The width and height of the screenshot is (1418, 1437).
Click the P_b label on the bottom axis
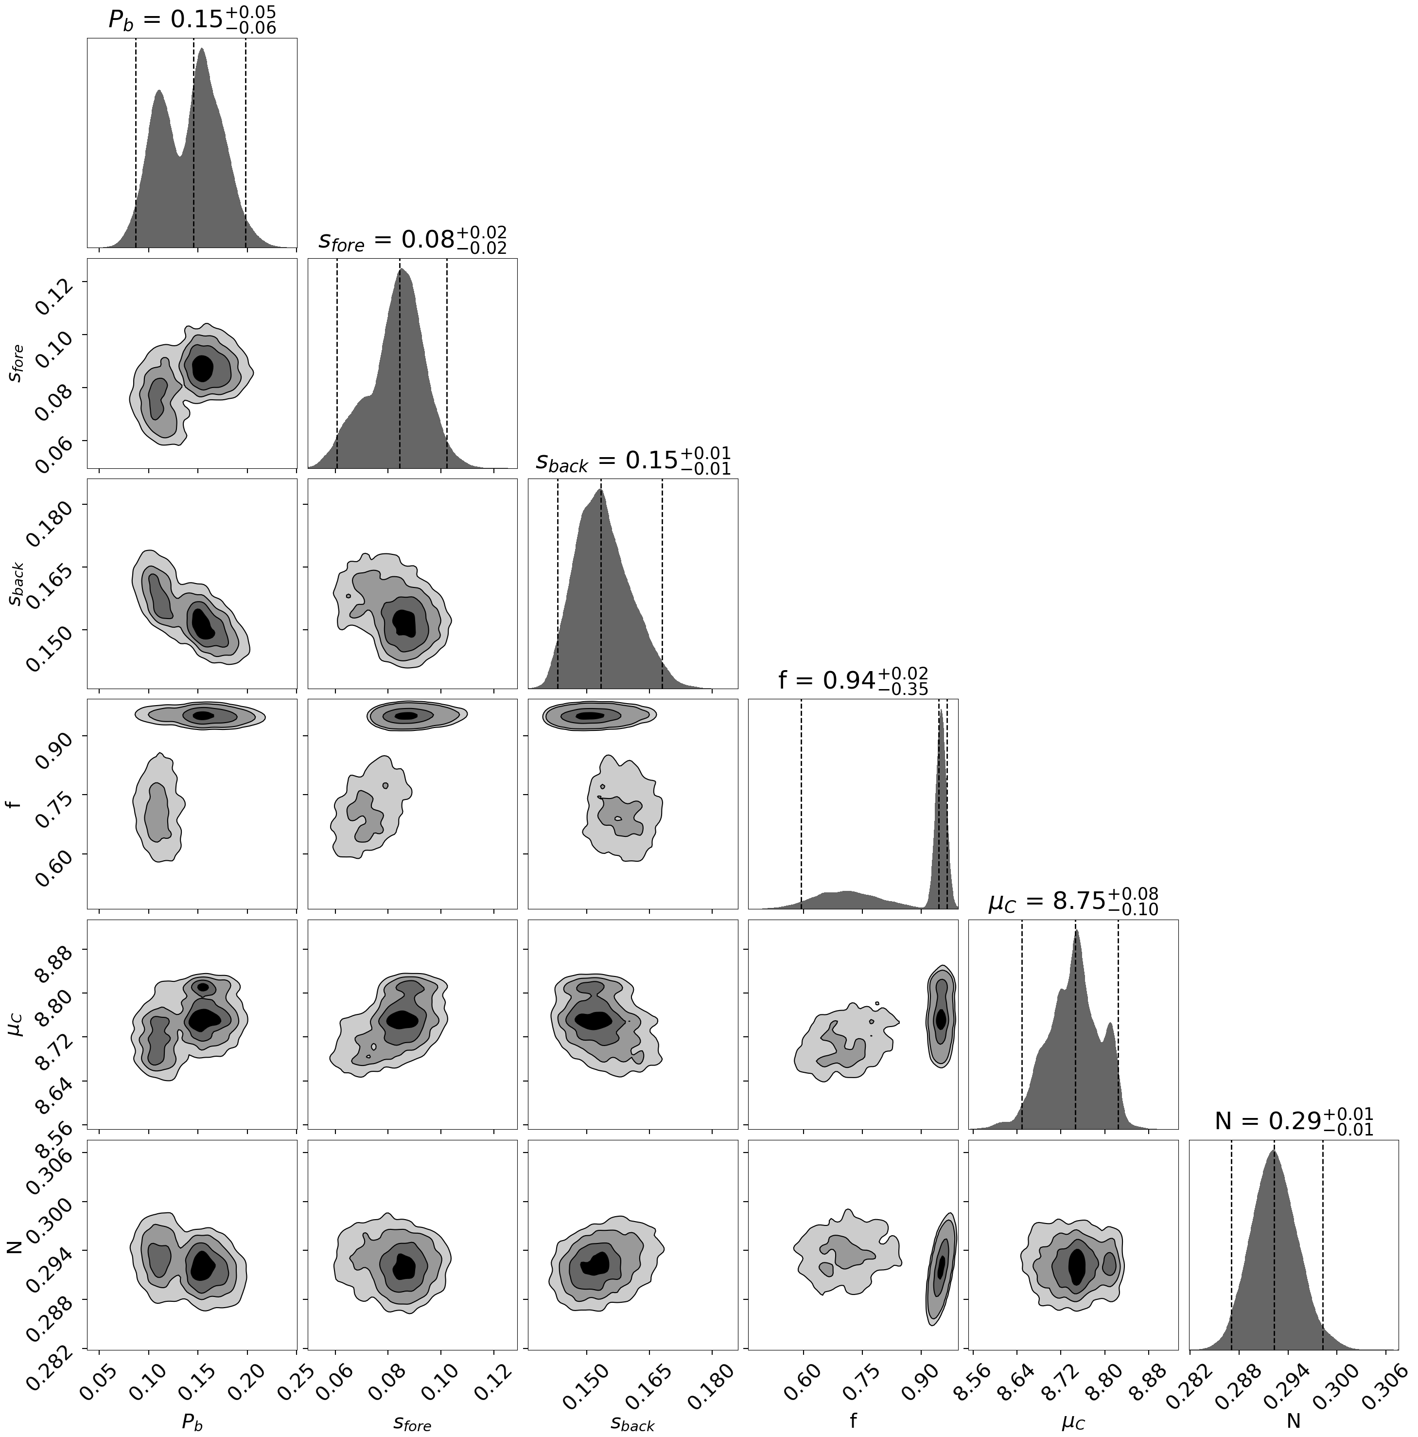192,1421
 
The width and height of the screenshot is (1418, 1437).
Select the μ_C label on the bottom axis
1073,1421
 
